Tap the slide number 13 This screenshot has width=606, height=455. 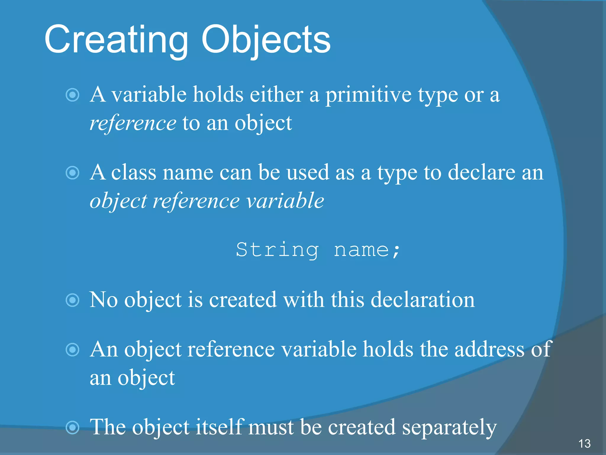click(x=584, y=443)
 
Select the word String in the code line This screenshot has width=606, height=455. click(x=277, y=250)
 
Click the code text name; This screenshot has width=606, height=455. click(x=367, y=250)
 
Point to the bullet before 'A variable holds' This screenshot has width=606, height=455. click(x=72, y=95)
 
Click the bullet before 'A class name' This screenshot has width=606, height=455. click(x=72, y=173)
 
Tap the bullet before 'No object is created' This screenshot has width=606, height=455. click(x=72, y=300)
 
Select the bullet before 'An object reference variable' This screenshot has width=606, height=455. click(x=72, y=350)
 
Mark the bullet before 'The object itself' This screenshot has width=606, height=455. click(x=72, y=427)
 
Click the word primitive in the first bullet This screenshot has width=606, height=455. click(x=368, y=95)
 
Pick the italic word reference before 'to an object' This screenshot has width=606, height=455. click(x=133, y=123)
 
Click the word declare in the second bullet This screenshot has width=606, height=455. click(x=481, y=173)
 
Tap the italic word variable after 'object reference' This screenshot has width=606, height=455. click(x=286, y=201)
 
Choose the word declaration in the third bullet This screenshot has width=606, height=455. click(x=423, y=300)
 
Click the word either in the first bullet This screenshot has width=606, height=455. click(x=276, y=95)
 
